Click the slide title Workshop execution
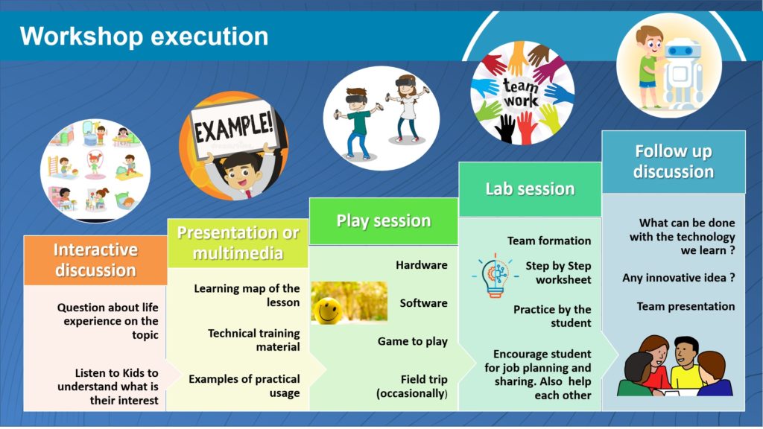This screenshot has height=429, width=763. (144, 36)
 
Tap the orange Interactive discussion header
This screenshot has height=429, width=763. (95, 260)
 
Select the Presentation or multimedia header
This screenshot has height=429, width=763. (238, 243)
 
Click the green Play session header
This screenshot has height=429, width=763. (384, 220)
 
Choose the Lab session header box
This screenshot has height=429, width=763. (530, 189)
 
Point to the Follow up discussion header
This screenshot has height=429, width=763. (674, 162)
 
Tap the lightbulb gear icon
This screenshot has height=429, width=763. (495, 276)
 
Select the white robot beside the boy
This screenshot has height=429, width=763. (683, 73)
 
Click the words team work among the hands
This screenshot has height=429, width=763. (521, 93)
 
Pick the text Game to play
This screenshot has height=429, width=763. (413, 341)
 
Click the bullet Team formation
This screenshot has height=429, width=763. (549, 241)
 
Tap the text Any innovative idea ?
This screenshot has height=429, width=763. (678, 278)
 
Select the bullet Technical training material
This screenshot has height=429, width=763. (253, 340)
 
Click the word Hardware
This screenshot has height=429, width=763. (422, 265)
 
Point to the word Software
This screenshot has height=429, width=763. (423, 303)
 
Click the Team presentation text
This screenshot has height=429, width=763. (686, 306)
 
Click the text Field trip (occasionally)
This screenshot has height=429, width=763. (412, 387)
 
